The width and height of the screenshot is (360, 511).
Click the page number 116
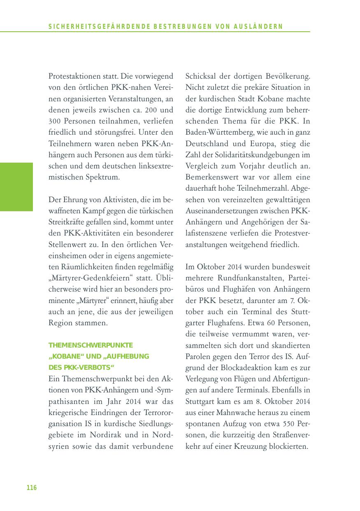[x=32, y=488]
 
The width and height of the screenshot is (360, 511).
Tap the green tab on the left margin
[x=16, y=187]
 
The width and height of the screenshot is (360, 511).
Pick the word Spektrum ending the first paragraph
[x=102, y=177]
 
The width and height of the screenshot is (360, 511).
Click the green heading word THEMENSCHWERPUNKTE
[x=91, y=345]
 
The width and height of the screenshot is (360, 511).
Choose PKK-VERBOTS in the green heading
[x=85, y=367]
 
